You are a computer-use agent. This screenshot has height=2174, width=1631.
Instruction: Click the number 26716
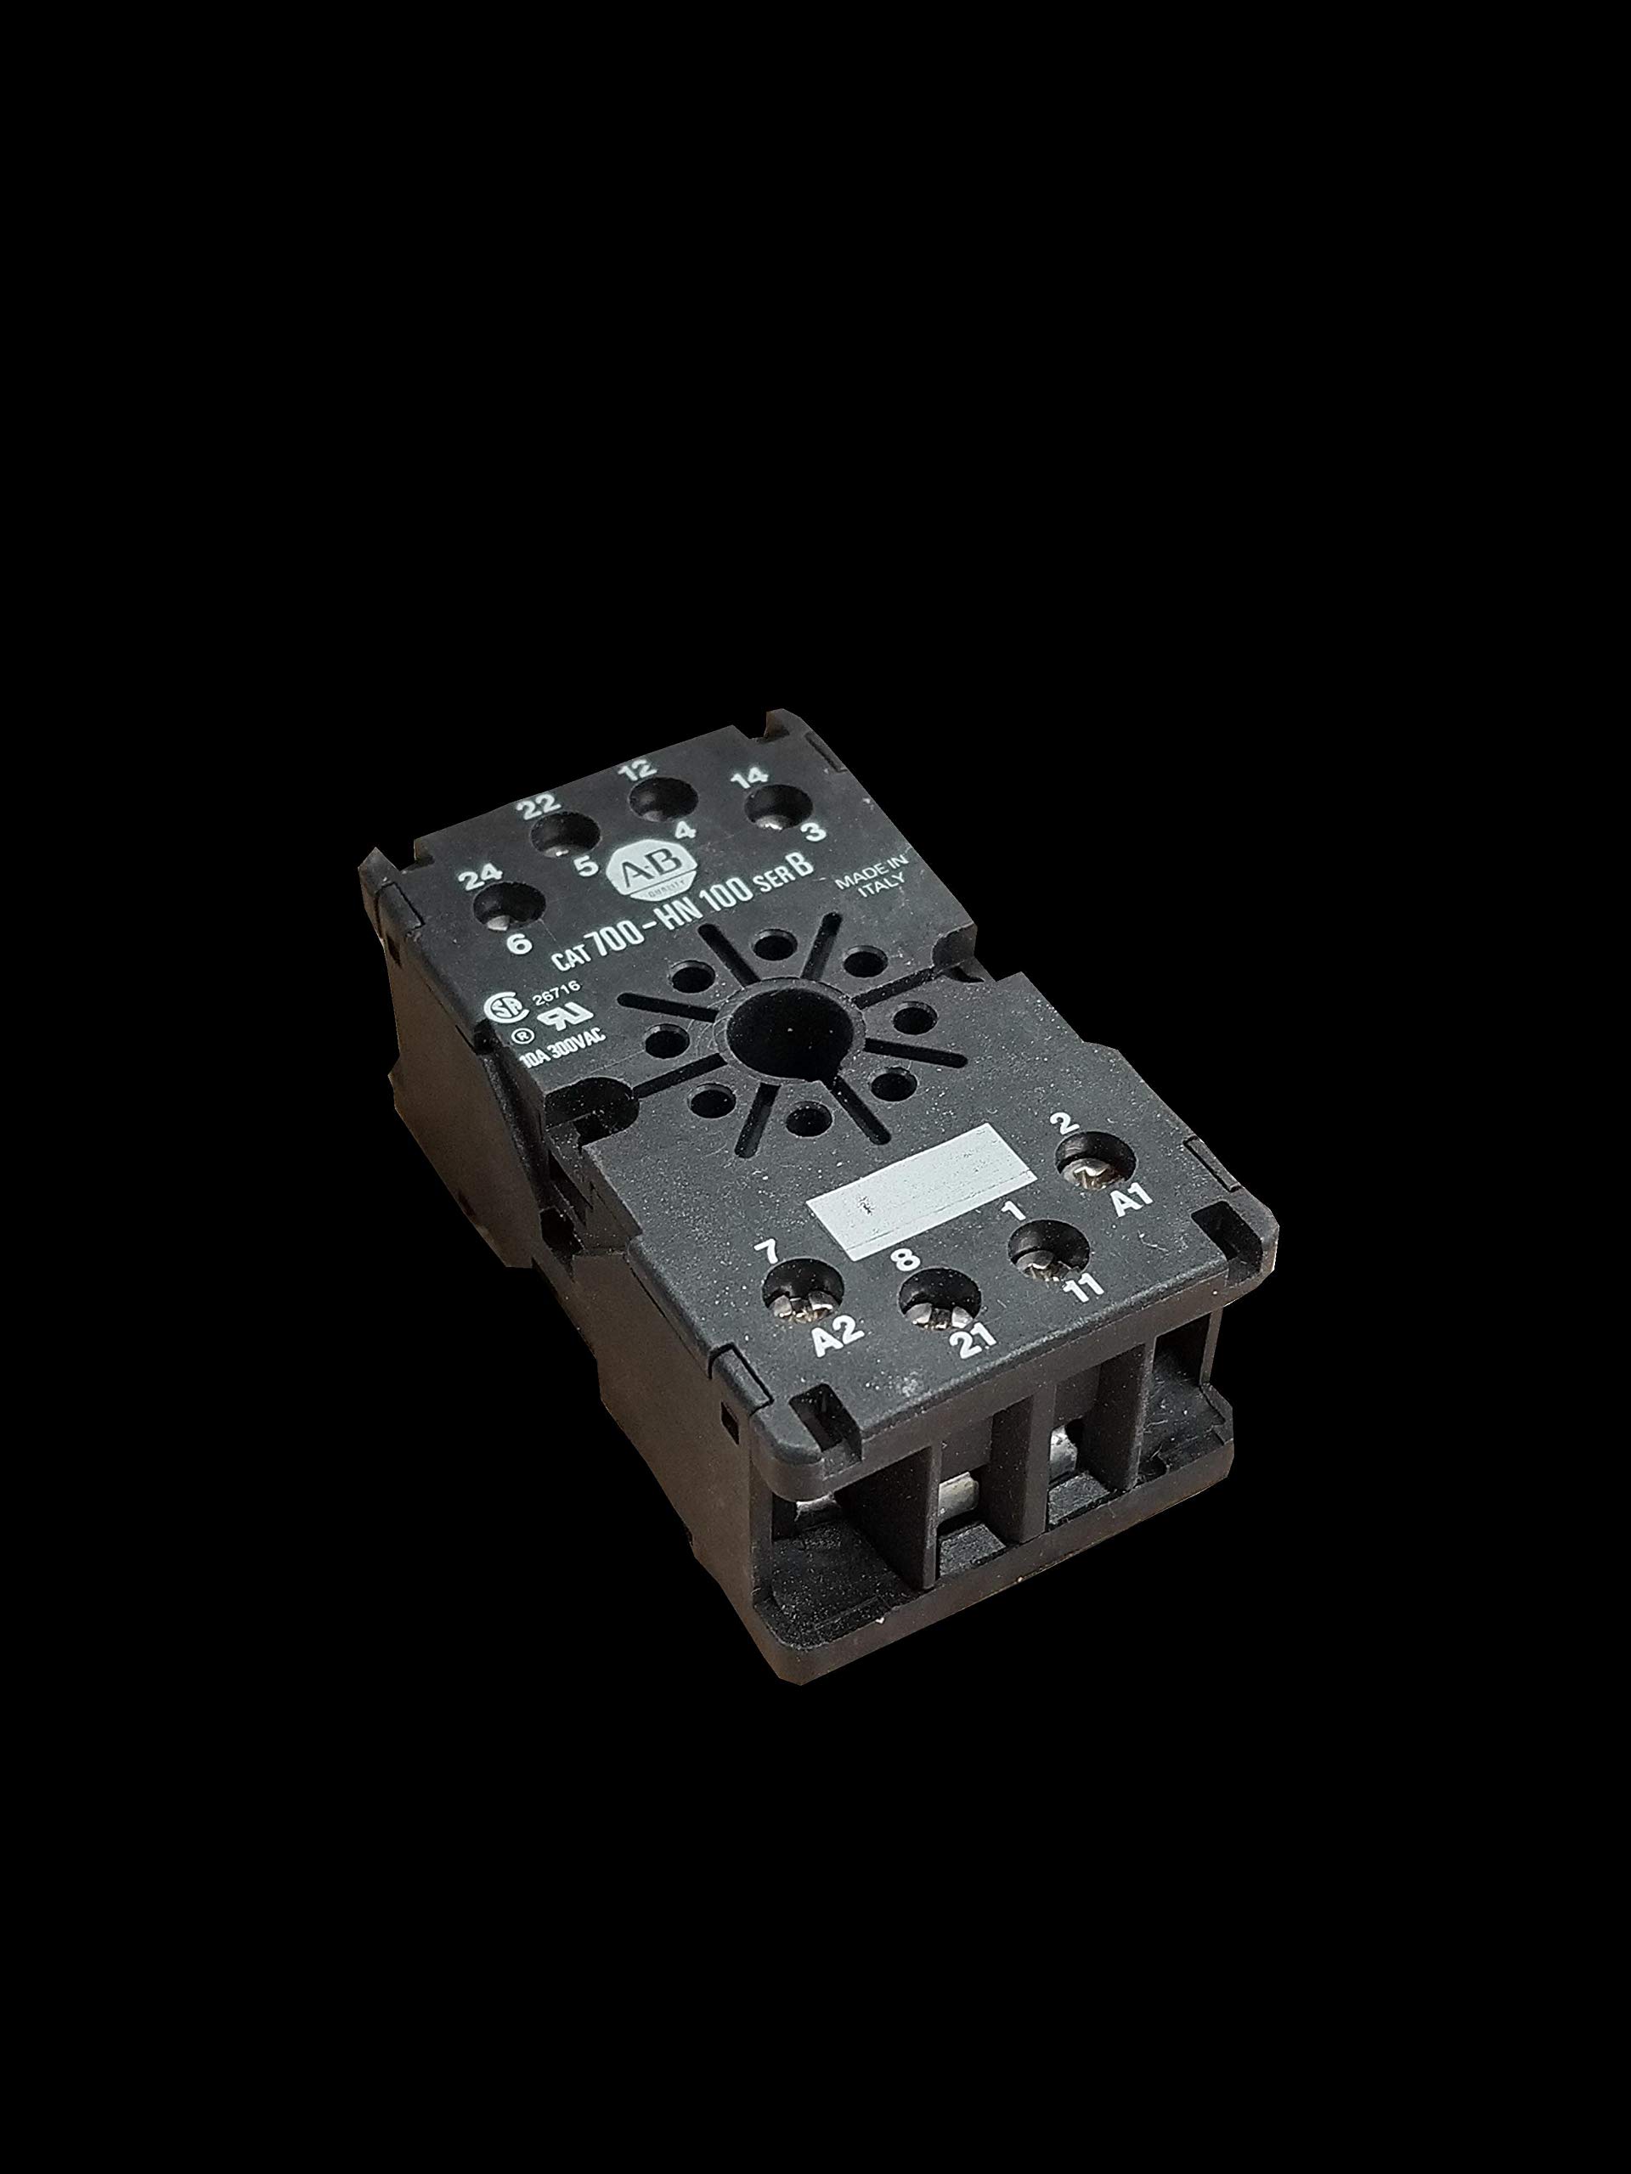click(555, 995)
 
